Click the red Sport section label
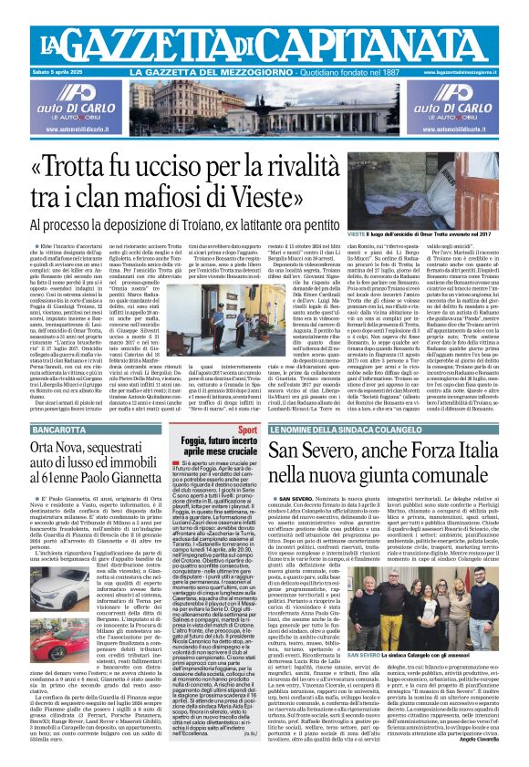pos(246,428)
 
